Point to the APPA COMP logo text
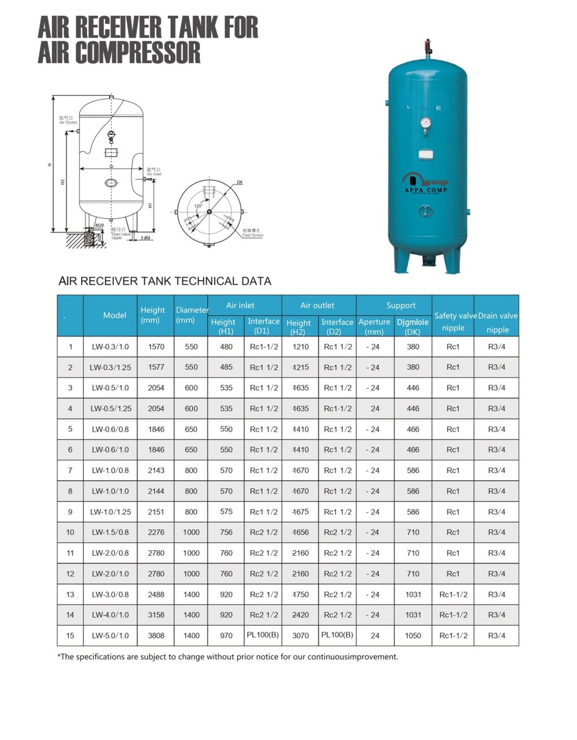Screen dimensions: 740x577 pos(426,190)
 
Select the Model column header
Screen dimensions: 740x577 pos(114,315)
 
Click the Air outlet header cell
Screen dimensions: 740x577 pos(317,305)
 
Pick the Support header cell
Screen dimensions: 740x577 pos(401,305)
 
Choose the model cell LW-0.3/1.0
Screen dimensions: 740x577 pos(110,347)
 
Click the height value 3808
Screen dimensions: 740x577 pos(156,635)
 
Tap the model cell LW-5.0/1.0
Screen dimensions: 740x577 pos(110,635)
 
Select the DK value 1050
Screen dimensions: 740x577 pos(413,635)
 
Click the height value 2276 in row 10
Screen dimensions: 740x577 pos(156,532)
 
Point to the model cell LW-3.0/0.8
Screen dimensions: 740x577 pos(110,594)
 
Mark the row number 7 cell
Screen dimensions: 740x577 pos(70,470)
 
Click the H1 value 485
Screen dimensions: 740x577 pos(227,367)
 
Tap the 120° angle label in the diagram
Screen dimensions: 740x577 pos(198,206)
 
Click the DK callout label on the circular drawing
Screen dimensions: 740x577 pos(239,183)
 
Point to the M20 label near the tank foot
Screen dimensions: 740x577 pos(99,225)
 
